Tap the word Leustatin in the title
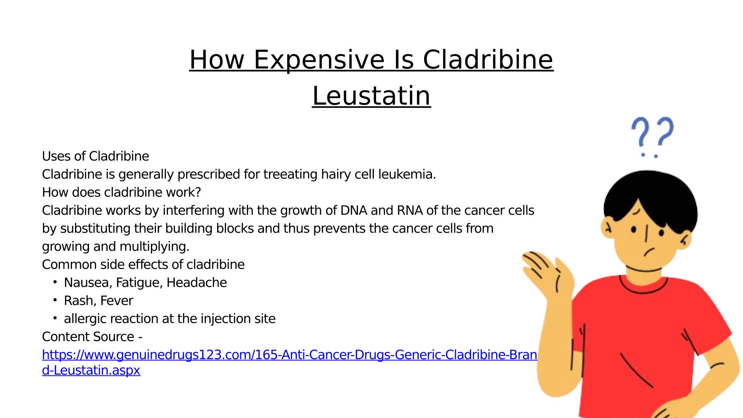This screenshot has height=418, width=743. [x=371, y=96]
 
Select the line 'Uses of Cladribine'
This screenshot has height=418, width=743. [x=96, y=156]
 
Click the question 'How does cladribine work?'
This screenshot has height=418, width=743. [x=122, y=192]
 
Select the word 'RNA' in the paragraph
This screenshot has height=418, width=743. [x=410, y=210]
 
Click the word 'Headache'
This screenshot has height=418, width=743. [x=197, y=283]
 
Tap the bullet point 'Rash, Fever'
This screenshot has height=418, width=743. [x=99, y=301]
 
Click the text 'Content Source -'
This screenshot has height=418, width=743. [x=92, y=337]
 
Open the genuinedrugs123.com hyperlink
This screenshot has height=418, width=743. [x=289, y=362]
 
